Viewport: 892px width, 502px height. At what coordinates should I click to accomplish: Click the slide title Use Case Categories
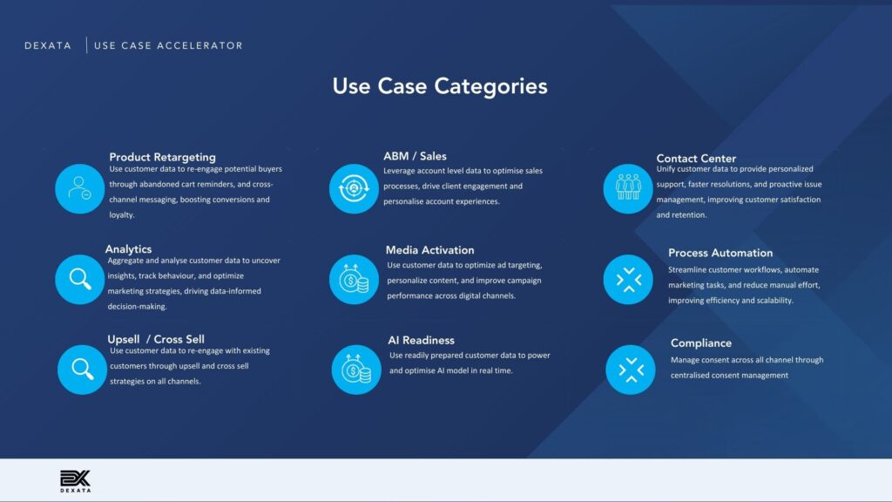pos(440,86)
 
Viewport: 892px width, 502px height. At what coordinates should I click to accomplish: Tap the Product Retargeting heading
pos(162,157)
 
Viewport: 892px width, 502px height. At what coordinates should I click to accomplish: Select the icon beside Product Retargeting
pos(79,188)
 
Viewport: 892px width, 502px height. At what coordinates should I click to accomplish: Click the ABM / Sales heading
pos(415,156)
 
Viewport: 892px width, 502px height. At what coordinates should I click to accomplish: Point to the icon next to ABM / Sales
pos(354,188)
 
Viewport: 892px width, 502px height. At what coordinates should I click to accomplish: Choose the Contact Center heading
pos(696,159)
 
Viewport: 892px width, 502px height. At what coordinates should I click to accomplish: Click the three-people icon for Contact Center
pos(628,188)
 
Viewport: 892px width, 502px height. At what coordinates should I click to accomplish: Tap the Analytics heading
pos(128,249)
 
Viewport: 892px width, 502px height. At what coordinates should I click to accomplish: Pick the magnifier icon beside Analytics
pos(79,279)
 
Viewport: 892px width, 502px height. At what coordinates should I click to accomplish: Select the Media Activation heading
pos(429,250)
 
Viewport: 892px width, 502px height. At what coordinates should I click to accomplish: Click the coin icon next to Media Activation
pos(354,279)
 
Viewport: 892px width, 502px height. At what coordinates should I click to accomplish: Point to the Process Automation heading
pos(720,253)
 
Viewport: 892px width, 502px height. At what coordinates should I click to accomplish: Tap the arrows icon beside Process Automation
pos(628,279)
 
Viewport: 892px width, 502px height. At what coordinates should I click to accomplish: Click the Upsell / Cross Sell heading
pos(156,339)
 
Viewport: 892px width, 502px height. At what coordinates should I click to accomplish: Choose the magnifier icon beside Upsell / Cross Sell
pos(82,370)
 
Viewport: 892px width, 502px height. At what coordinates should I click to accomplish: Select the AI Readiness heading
pos(421,341)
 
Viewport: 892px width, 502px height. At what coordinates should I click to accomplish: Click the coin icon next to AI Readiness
pos(356,370)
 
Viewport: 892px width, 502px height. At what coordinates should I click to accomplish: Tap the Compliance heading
pos(701,343)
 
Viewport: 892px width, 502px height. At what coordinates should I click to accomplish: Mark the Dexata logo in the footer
pos(75,481)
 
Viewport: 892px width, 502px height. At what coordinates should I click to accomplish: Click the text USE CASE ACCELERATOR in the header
pos(168,45)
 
